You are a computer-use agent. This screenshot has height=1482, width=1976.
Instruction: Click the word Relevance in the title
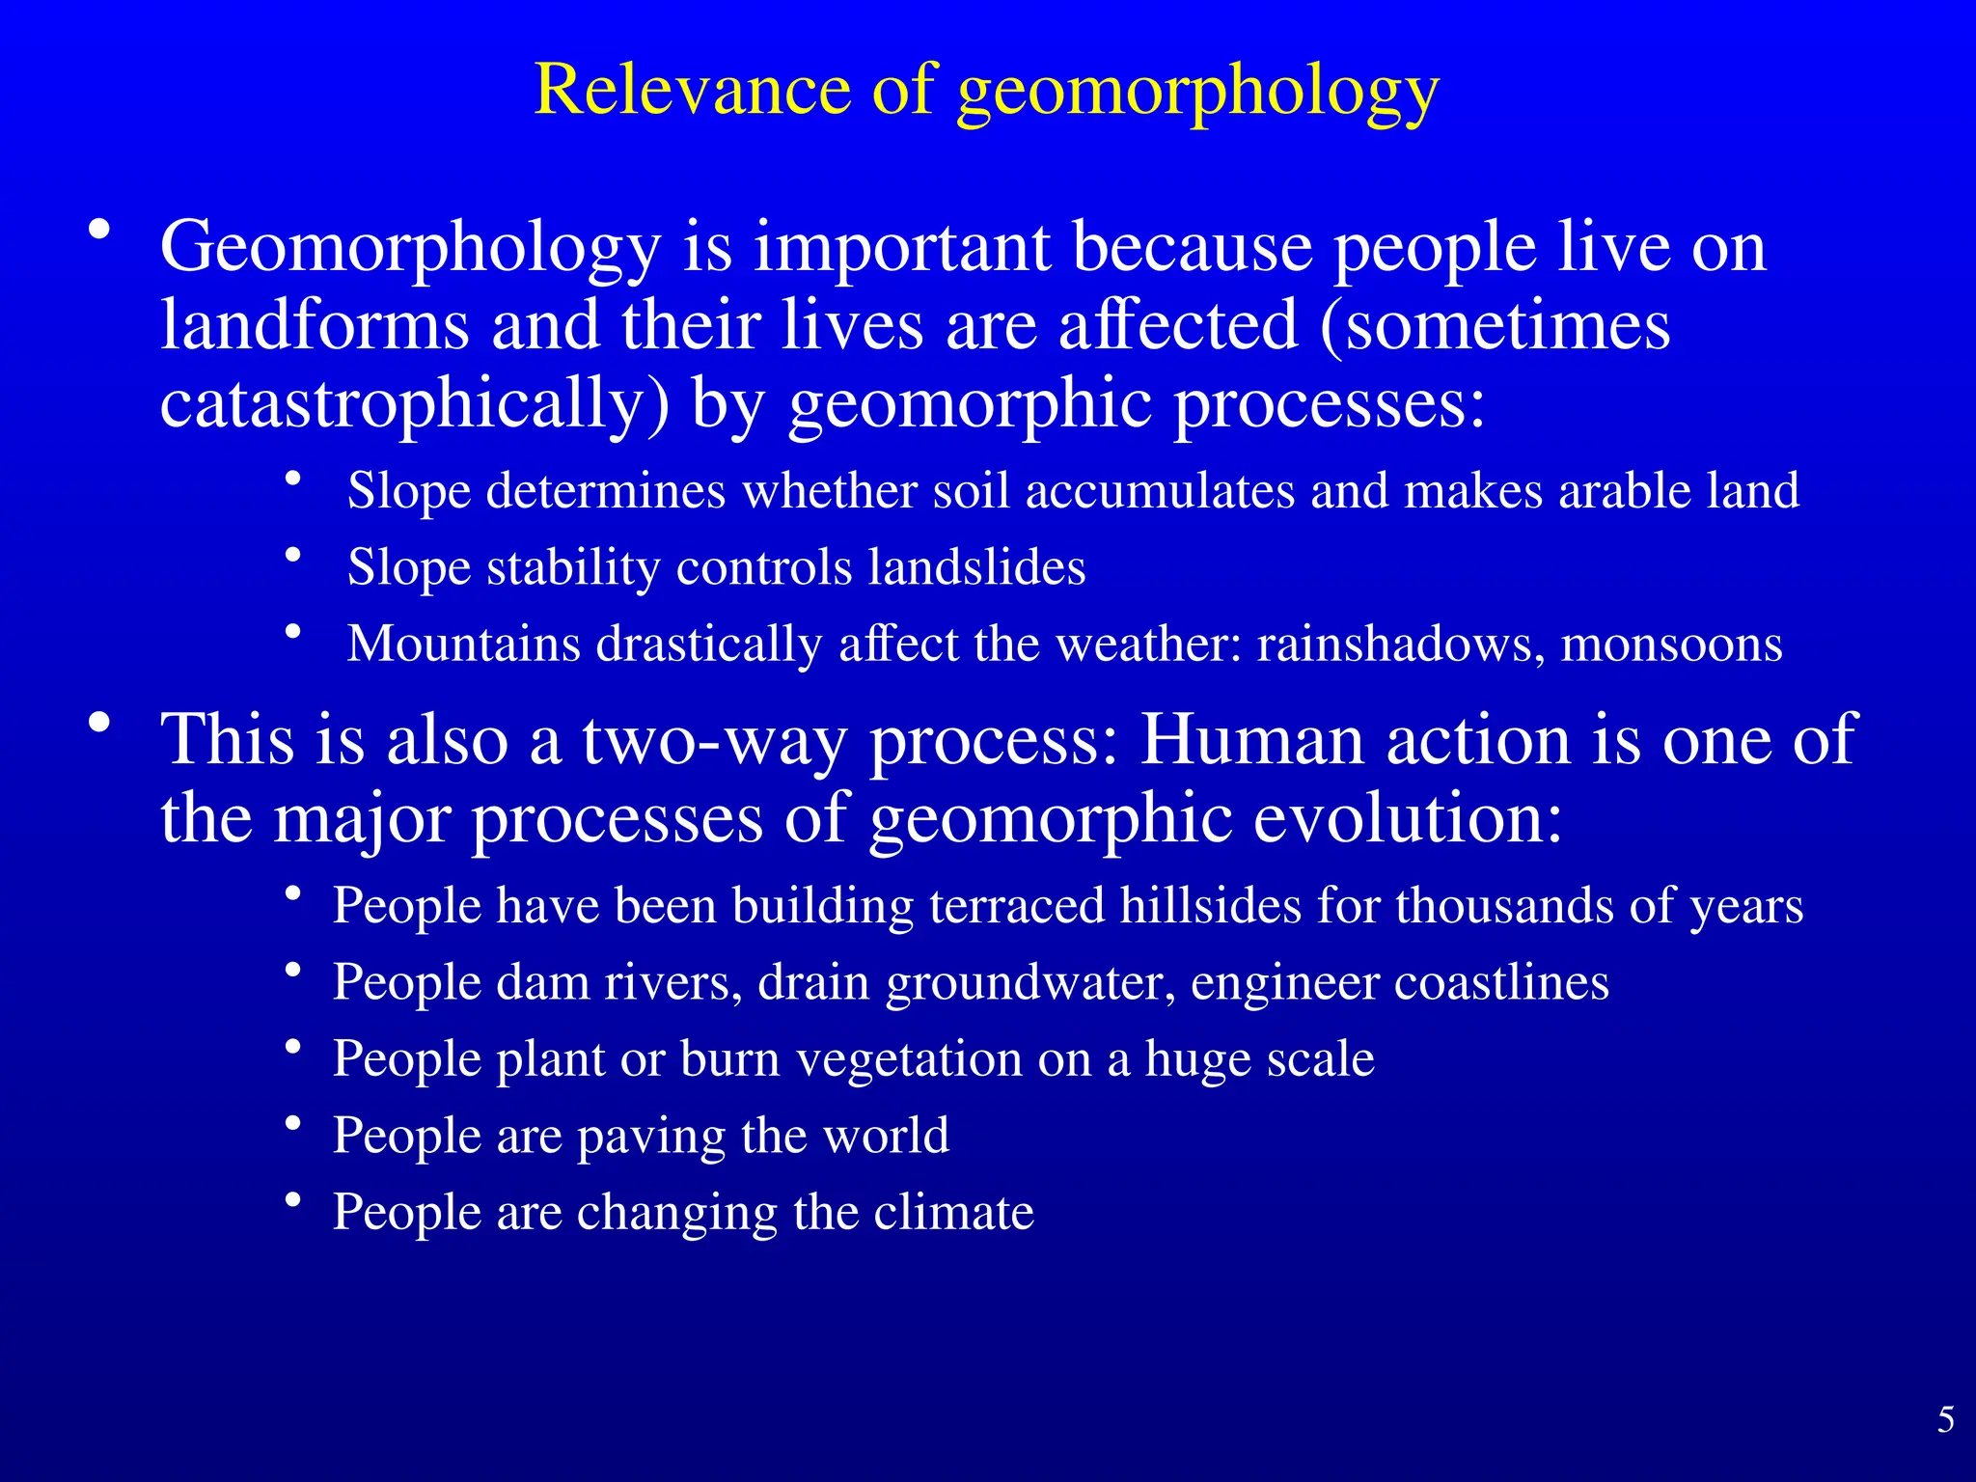coord(692,90)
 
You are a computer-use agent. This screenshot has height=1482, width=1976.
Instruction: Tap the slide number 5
coord(1945,1419)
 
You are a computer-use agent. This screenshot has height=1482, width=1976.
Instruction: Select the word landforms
coord(315,325)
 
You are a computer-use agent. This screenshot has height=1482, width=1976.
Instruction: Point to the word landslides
coord(976,566)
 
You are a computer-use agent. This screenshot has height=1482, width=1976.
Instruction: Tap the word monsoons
coord(1671,644)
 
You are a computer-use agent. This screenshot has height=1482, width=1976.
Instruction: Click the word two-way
coord(714,741)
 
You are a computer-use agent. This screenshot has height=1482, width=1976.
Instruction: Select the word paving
coord(651,1137)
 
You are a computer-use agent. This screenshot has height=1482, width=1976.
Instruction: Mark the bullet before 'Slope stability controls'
coord(294,555)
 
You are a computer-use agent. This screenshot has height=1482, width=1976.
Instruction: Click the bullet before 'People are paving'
coord(294,1123)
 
